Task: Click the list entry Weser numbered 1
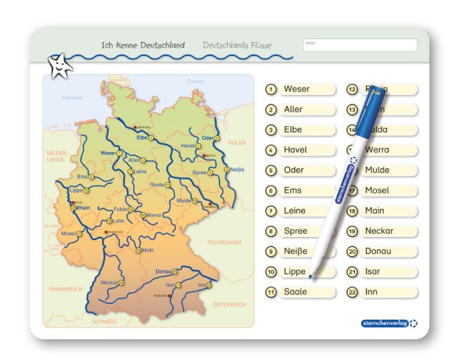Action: [301, 89]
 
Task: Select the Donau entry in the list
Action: [382, 252]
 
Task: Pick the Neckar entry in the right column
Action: [382, 231]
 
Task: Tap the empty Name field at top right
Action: [360, 45]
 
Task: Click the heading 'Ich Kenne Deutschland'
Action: [143, 45]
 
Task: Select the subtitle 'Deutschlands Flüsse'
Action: [237, 45]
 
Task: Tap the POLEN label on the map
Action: [237, 143]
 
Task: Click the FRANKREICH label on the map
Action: [65, 288]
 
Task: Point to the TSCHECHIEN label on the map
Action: [225, 242]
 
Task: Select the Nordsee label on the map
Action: [73, 97]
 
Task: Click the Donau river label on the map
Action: [163, 271]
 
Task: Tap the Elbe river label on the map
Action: [142, 137]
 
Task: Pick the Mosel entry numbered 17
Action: [382, 191]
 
